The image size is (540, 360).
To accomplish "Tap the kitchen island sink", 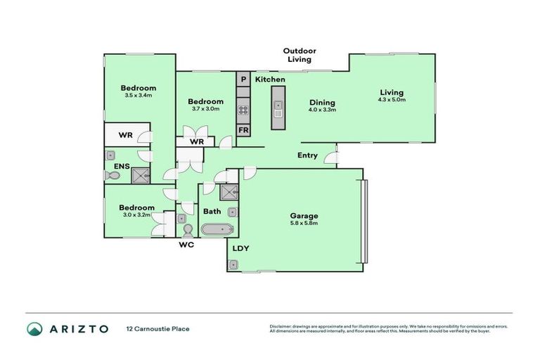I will pos(278,110).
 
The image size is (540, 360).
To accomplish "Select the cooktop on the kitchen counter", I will pos(243,110).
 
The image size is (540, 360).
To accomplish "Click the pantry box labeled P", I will pos(243,80).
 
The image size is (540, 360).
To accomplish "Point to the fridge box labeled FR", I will pos(243,130).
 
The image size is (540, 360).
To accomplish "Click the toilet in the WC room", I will pos(187,230).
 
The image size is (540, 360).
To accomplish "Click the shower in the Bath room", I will pos(229,192).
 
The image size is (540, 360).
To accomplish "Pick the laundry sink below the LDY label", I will pos(233,264).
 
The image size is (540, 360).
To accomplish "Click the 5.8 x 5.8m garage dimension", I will pos(304,224).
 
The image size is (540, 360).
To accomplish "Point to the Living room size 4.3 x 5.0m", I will pos(392,100).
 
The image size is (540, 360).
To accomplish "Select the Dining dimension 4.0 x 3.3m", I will pos(323,110).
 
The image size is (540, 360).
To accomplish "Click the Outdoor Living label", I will pos(300,56).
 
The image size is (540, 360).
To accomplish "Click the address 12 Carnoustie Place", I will pos(157,328).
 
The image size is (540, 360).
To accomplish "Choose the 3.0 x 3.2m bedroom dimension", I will pos(136,215).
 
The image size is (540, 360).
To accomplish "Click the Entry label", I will pos(307,155).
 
